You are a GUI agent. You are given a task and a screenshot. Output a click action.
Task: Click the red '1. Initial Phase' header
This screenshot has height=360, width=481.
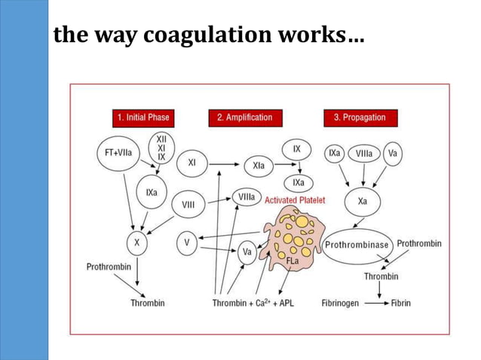click(143, 117)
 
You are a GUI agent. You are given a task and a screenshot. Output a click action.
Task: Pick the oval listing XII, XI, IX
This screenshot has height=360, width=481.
click(161, 148)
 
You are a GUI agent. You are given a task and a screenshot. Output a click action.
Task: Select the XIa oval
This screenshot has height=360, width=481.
click(259, 166)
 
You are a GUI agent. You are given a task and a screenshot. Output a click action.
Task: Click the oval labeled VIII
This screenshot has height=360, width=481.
click(189, 204)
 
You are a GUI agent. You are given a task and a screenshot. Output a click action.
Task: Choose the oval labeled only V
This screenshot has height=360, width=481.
click(187, 243)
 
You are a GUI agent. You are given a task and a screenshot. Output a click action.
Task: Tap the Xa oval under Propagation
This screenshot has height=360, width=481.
click(363, 202)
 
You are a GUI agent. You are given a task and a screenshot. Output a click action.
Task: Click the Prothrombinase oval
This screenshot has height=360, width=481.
click(357, 246)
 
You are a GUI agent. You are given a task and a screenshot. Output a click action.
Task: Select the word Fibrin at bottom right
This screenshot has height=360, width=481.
click(400, 303)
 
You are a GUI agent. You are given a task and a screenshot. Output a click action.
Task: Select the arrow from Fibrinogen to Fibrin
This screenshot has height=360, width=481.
click(370, 303)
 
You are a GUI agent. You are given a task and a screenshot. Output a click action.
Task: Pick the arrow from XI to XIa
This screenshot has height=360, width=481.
click(225, 163)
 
